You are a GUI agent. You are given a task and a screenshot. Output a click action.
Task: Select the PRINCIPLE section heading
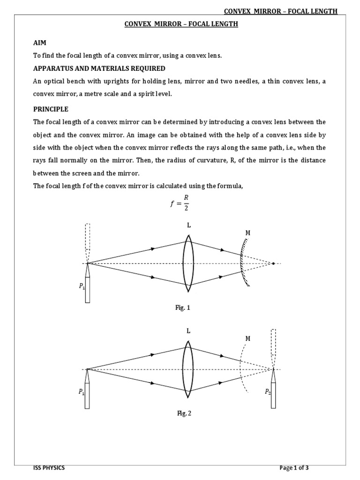point(51,109)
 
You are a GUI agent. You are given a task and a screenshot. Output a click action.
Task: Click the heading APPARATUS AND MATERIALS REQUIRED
point(99,68)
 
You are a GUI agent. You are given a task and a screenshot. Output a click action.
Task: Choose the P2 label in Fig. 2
point(268,392)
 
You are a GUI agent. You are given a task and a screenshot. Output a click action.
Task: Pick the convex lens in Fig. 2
point(188,369)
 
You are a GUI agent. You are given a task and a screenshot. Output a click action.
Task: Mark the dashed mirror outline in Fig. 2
point(241,369)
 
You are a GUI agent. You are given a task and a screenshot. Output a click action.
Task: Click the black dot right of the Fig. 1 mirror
point(274,263)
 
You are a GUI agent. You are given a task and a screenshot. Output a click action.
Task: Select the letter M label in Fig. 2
point(247,338)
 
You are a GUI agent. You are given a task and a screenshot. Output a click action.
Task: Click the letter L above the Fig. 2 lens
point(188,331)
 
